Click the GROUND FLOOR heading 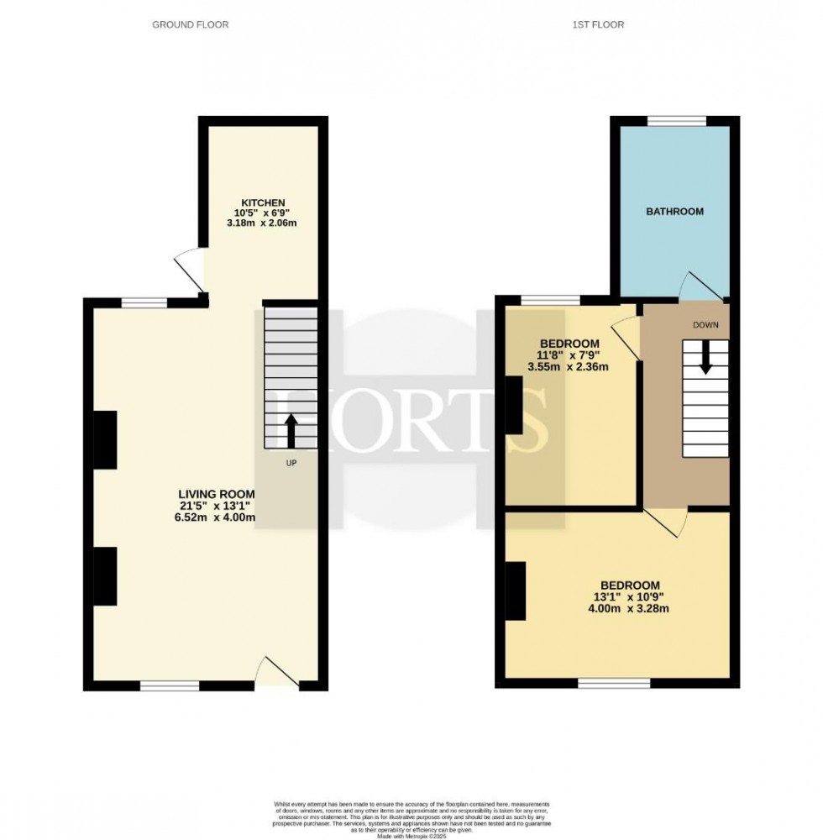pos(190,25)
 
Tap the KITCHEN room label pos(264,203)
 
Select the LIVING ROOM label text pos(216,493)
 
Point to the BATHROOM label pos(674,212)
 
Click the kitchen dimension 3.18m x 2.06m pos(264,223)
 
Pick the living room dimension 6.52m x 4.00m pos(216,517)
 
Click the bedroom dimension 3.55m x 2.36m pos(569,367)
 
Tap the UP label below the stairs pos(291,463)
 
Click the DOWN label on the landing pos(705,324)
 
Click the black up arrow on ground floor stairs pos(291,431)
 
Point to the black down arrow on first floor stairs pos(705,357)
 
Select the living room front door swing pos(277,672)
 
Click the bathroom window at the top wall pos(676,121)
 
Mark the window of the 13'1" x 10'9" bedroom pos(614,683)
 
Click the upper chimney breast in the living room pos(104,439)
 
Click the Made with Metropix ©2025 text pos(411,836)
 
